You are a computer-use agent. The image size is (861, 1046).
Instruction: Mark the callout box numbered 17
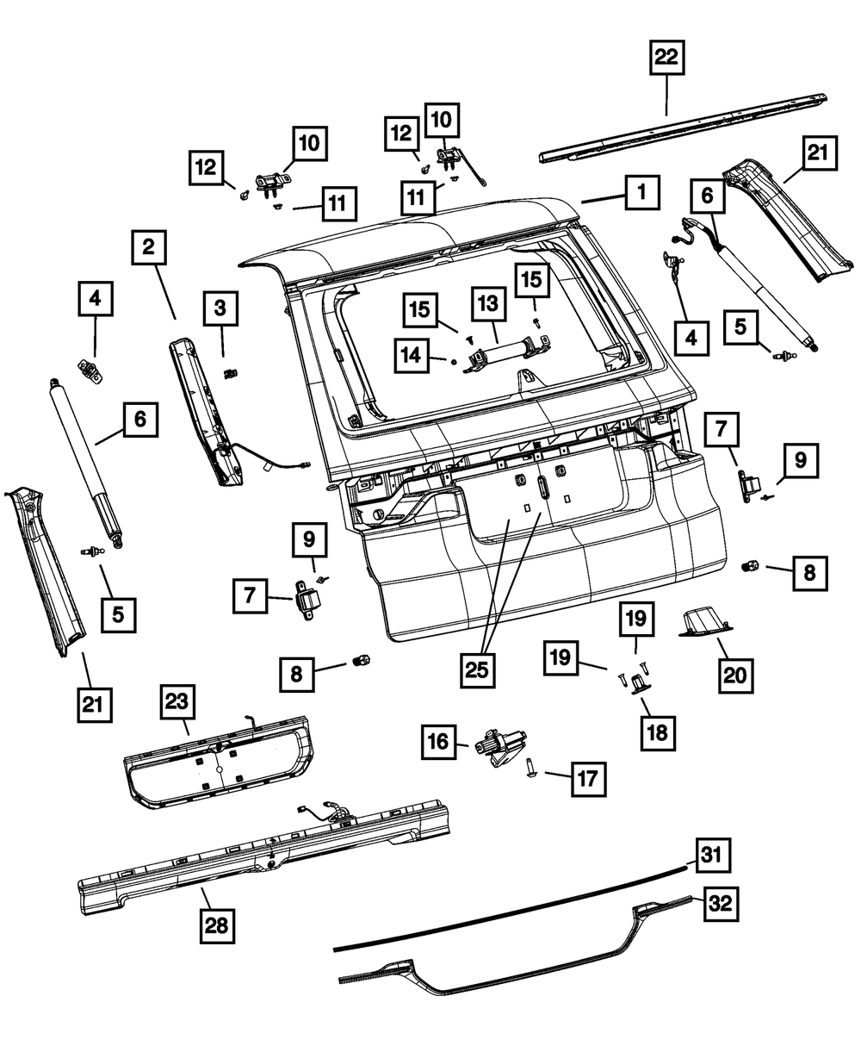[585, 778]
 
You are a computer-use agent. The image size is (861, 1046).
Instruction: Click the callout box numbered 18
[657, 732]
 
